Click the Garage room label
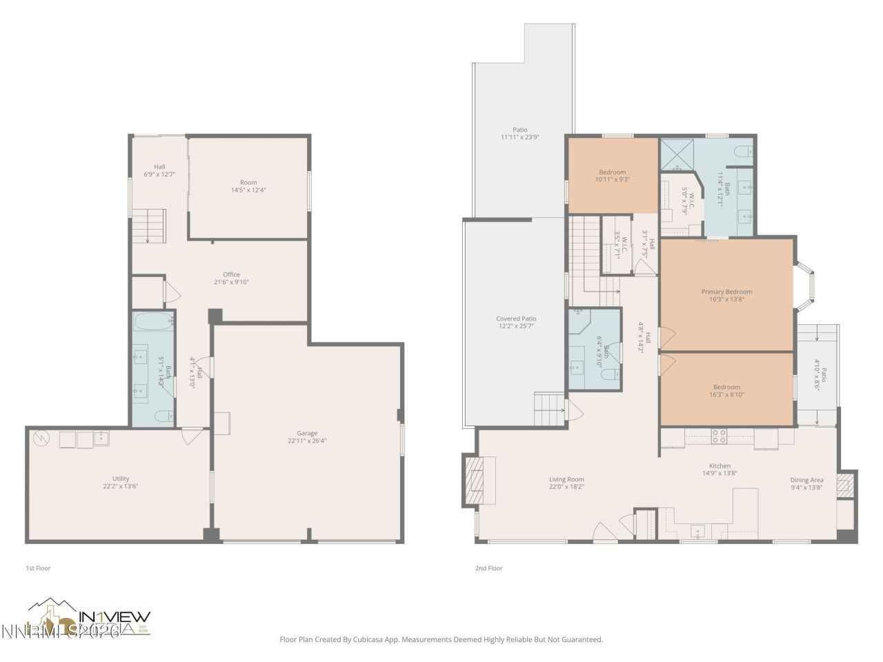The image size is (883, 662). (307, 432)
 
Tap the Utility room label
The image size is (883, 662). (121, 479)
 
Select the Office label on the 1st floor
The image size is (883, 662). (231, 274)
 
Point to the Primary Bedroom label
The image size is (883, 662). (726, 292)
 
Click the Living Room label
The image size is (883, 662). (566, 479)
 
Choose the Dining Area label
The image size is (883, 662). (806, 480)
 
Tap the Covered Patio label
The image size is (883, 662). (516, 319)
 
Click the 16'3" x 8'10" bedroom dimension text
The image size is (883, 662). (726, 395)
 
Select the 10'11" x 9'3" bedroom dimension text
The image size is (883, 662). (612, 179)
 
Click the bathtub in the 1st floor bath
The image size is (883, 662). (152, 321)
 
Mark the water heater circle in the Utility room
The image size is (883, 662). (41, 438)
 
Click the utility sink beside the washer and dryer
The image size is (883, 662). (101, 438)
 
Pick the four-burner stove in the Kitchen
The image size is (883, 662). (719, 436)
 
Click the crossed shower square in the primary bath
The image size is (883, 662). (677, 154)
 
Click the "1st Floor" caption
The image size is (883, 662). (38, 568)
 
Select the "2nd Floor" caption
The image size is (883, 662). (488, 568)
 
